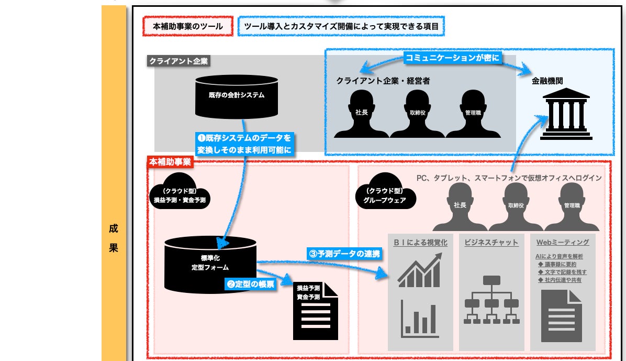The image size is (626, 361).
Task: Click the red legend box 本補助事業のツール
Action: click(x=187, y=26)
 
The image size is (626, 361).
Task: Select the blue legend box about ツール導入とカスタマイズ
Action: click(x=341, y=26)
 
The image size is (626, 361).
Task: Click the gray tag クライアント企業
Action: click(x=178, y=61)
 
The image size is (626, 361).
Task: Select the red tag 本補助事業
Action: click(x=170, y=162)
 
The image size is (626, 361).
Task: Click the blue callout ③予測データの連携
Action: click(x=344, y=254)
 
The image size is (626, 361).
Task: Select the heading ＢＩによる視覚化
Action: click(x=420, y=242)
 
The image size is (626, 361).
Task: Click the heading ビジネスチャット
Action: click(x=491, y=242)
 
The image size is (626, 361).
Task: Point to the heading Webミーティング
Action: click(x=563, y=242)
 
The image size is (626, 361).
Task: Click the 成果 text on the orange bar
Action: click(x=114, y=238)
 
